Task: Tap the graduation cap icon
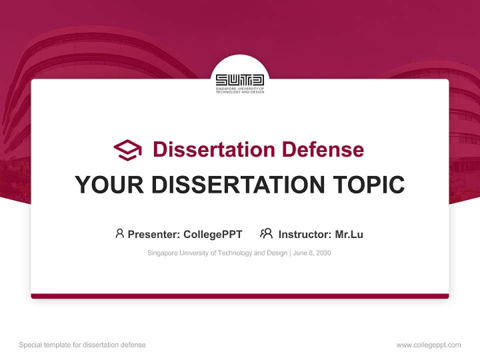click(127, 149)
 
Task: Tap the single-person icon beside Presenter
click(119, 233)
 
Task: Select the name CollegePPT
click(213, 234)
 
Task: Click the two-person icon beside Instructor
click(266, 233)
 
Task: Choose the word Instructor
click(304, 234)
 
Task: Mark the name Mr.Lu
click(349, 234)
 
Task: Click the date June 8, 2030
click(312, 253)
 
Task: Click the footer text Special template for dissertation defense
click(82, 345)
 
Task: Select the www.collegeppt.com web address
click(428, 345)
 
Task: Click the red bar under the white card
click(240, 296)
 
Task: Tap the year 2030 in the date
click(323, 253)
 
